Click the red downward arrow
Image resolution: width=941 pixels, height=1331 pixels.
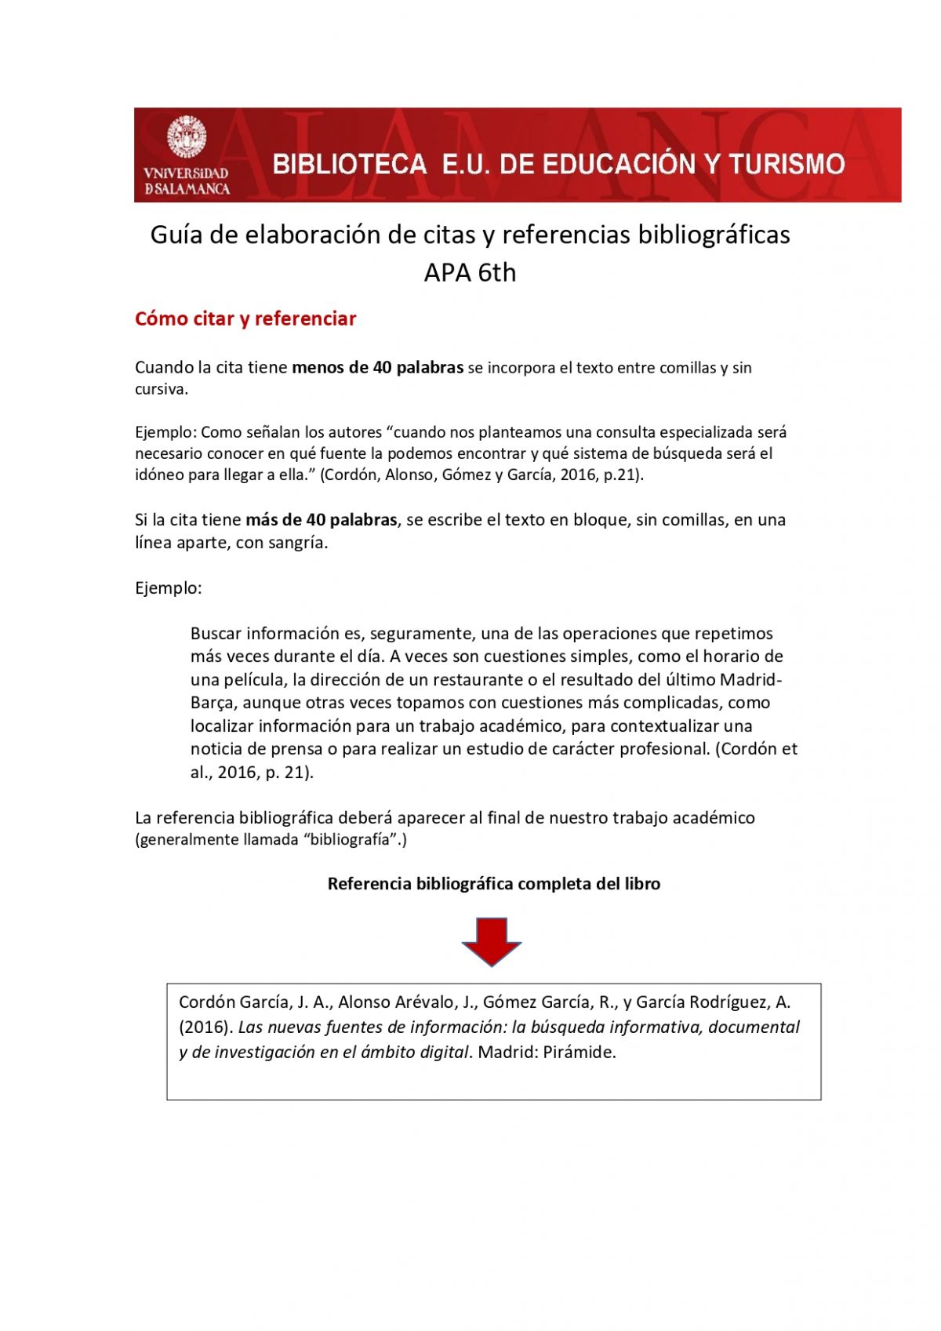pyautogui.click(x=492, y=940)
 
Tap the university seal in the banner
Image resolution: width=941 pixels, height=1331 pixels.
pyautogui.click(x=187, y=137)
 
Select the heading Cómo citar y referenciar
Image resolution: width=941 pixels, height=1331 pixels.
pyautogui.click(x=245, y=319)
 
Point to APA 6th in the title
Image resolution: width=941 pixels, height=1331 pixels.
pyautogui.click(x=470, y=273)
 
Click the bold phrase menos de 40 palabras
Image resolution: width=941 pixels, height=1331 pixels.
pyautogui.click(x=377, y=368)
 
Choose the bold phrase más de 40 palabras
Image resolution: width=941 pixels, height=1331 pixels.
pyautogui.click(x=321, y=520)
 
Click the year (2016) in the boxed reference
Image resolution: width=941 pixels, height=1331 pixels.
pyautogui.click(x=205, y=1027)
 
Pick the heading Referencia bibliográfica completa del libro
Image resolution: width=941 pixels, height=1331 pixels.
pyautogui.click(x=493, y=884)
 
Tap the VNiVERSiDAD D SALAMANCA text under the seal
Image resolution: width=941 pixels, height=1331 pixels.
pyautogui.click(x=187, y=181)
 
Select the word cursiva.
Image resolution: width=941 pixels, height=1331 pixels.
pyautogui.click(x=162, y=390)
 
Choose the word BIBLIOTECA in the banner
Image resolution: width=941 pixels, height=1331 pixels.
pyautogui.click(x=349, y=164)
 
